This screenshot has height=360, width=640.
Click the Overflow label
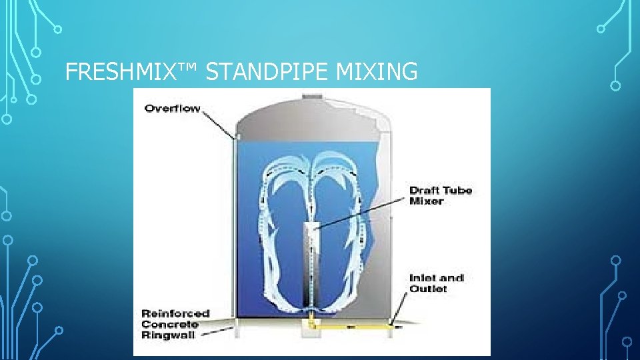point(172,109)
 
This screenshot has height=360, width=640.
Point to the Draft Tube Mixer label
point(441,195)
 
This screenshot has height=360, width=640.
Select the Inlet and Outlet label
point(437,283)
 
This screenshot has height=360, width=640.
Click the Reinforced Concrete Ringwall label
point(175,324)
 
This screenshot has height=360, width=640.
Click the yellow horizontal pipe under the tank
point(353,327)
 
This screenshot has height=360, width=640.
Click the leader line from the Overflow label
point(217,123)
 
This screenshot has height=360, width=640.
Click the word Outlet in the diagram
point(428,289)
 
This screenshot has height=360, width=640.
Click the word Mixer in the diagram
point(427,201)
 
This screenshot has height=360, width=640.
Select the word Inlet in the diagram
point(423,278)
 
